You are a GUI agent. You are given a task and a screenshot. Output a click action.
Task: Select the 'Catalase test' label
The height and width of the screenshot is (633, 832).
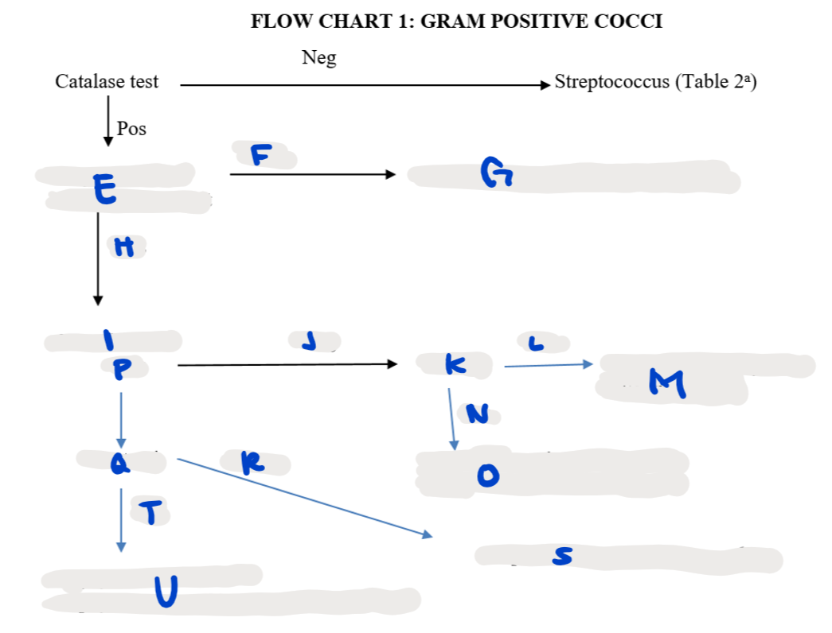107,82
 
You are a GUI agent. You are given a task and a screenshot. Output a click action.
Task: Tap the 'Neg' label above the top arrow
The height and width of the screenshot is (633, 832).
319,57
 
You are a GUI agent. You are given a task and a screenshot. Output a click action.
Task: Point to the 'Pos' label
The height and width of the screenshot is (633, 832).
131,129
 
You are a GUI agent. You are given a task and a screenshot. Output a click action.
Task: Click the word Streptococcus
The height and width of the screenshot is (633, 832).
611,82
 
